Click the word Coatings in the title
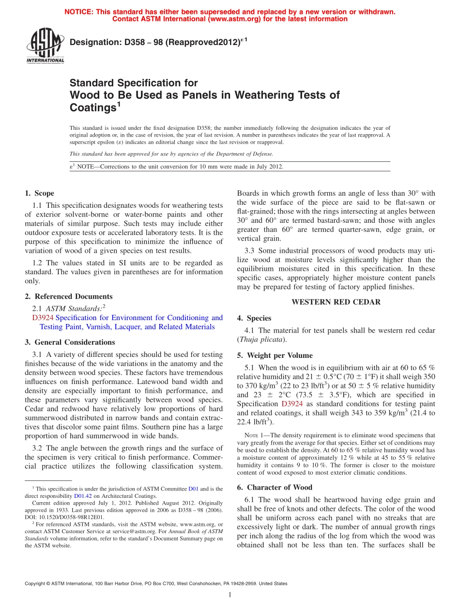92,108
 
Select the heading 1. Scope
39,193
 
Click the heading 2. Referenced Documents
68,296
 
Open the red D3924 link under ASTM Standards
43,318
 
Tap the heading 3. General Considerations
70,342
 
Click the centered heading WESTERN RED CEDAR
336,302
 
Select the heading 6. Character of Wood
275,487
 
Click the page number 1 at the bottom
230,595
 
